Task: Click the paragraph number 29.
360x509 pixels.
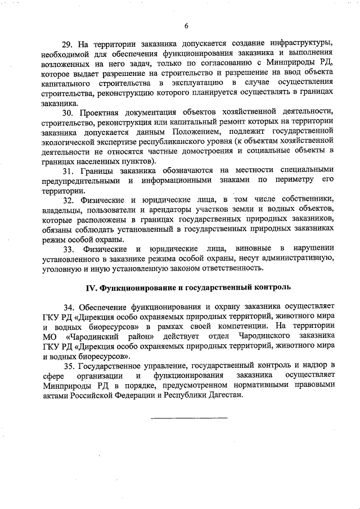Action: (67, 44)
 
